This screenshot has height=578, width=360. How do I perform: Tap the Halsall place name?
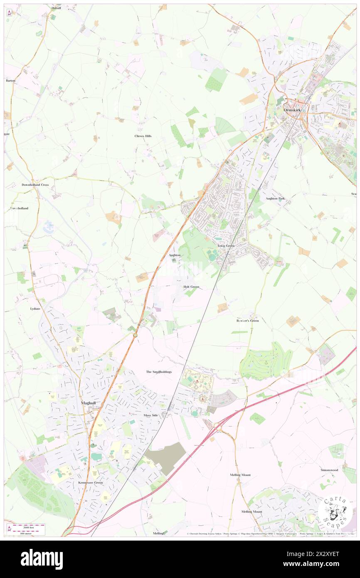[x=56, y=8]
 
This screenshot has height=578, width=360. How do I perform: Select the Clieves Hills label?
[x=143, y=136]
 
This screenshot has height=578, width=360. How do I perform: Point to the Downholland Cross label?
[x=35, y=185]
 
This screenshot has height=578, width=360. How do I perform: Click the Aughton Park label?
[x=276, y=199]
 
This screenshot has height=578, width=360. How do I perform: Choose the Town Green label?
[x=226, y=246]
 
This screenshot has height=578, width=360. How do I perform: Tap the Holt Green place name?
[x=191, y=287]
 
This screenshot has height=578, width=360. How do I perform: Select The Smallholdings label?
[x=159, y=371]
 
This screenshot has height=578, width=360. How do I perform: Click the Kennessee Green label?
[x=90, y=483]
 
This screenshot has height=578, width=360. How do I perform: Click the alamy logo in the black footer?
[x=42, y=559]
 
